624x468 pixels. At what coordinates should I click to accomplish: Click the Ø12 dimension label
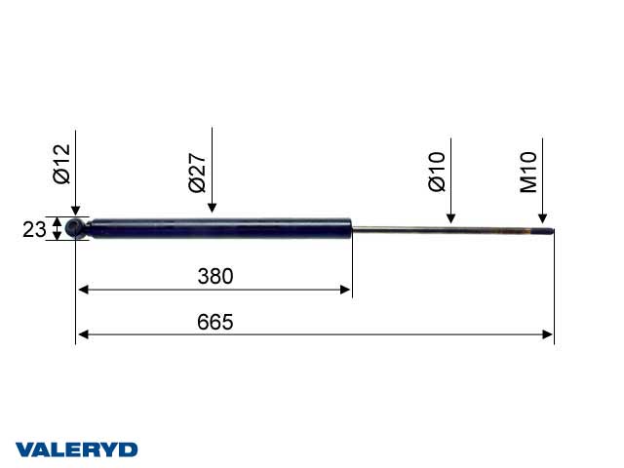pyautogui.click(x=62, y=163)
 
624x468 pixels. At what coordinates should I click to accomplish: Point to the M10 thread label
pyautogui.click(x=529, y=171)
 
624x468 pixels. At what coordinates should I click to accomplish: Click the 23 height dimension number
pyautogui.click(x=34, y=229)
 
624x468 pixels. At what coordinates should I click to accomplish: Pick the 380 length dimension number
pyautogui.click(x=214, y=277)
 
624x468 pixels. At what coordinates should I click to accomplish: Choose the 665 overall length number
pyautogui.click(x=214, y=323)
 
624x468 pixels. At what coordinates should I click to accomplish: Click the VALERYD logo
pyautogui.click(x=76, y=449)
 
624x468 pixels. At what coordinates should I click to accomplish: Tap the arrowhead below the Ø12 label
pyautogui.click(x=76, y=212)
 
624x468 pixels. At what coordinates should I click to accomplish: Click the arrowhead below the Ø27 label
pyautogui.click(x=212, y=206)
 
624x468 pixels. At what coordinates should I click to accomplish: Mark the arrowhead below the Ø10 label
pyautogui.click(x=450, y=218)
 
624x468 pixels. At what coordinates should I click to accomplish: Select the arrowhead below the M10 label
pyautogui.click(x=542, y=219)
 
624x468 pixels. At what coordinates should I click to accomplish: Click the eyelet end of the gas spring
pyautogui.click(x=77, y=229)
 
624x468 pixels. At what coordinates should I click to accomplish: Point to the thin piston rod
pyautogui.click(x=439, y=231)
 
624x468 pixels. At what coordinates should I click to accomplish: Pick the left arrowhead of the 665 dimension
pyautogui.click(x=83, y=334)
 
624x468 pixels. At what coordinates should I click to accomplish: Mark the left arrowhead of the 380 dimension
pyautogui.click(x=83, y=290)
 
